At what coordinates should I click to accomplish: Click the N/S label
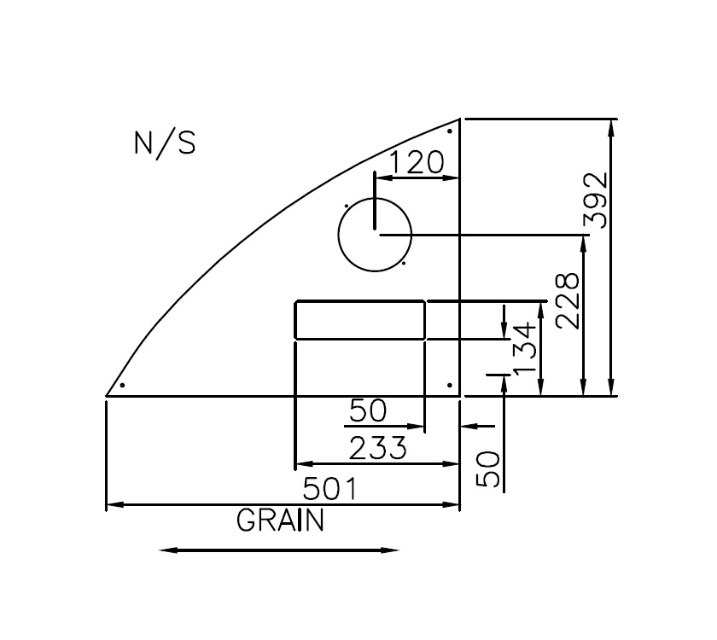[165, 143]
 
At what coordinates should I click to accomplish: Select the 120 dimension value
[417, 162]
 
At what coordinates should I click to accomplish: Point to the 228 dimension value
[568, 300]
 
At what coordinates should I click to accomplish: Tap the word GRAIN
[281, 521]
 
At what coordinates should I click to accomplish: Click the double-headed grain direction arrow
[279, 550]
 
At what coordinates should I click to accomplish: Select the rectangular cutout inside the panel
[359, 320]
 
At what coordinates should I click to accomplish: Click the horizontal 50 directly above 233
[368, 412]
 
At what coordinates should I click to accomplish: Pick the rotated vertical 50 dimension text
[489, 469]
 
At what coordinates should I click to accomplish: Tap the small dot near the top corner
[450, 131]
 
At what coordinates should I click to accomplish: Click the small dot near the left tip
[123, 385]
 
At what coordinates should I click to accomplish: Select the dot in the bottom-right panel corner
[449, 385]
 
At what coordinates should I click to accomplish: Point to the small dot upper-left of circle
[345, 206]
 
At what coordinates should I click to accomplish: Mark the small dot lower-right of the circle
[404, 263]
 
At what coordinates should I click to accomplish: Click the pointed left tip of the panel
[106, 396]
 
